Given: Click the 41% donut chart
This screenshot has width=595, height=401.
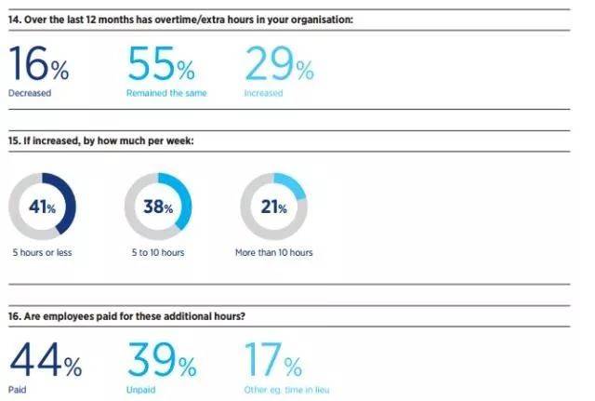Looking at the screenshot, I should (x=42, y=207).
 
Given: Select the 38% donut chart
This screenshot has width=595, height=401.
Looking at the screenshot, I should (x=158, y=207).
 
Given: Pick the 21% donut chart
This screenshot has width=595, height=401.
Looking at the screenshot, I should (x=274, y=207).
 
